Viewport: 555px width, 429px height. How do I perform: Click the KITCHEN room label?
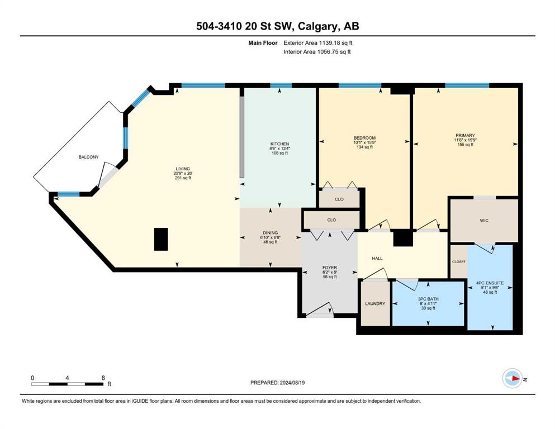coord(279,144)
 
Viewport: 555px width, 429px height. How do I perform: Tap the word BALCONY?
coord(88,157)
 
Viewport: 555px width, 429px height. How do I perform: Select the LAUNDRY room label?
coord(375,303)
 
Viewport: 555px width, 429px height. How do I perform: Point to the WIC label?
coord(484,221)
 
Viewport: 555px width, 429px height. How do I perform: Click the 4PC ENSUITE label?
coord(490,283)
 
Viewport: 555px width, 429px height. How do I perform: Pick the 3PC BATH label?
coord(428,299)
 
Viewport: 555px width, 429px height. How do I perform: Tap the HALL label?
coord(377,258)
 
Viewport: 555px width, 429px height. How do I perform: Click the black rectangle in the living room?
coord(161,240)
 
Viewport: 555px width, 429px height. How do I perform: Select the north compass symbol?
coord(513,378)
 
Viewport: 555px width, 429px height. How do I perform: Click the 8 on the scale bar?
coord(103,378)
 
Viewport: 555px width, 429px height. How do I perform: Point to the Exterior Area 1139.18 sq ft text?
coord(318,43)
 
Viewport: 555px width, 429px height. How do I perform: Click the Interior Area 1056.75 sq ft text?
coord(317,51)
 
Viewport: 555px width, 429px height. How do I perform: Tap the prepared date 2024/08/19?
coord(292,383)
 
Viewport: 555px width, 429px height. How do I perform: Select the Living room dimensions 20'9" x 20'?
coord(183,173)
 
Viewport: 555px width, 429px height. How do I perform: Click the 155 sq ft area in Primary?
coord(465,144)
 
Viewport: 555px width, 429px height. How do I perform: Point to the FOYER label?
coord(330,268)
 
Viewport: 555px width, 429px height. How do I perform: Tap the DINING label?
coord(271,233)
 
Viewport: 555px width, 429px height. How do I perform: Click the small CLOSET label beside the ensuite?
coord(459,262)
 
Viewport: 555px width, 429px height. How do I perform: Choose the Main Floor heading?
coord(263,43)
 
